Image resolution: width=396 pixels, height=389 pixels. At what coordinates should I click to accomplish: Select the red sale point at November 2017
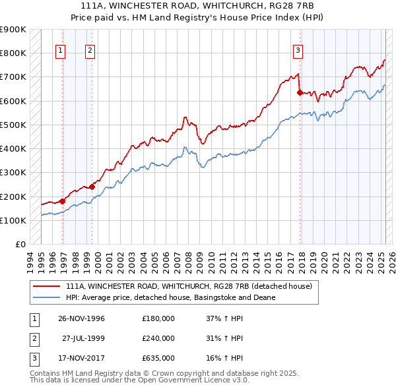[300, 92]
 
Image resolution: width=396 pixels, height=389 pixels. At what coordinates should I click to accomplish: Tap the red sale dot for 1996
[63, 201]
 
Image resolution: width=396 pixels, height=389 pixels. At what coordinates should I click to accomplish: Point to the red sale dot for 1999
[92, 187]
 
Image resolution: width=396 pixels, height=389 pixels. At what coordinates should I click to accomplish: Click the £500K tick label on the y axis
[13, 125]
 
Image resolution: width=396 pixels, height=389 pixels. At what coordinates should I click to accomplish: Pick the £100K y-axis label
[13, 220]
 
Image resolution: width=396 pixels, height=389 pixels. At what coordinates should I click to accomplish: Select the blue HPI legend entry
[170, 298]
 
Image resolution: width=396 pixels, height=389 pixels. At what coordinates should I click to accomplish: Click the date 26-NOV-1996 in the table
[81, 318]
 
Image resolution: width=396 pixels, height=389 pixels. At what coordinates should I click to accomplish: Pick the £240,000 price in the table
[158, 338]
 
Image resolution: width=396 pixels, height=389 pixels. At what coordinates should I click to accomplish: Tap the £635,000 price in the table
[158, 359]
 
